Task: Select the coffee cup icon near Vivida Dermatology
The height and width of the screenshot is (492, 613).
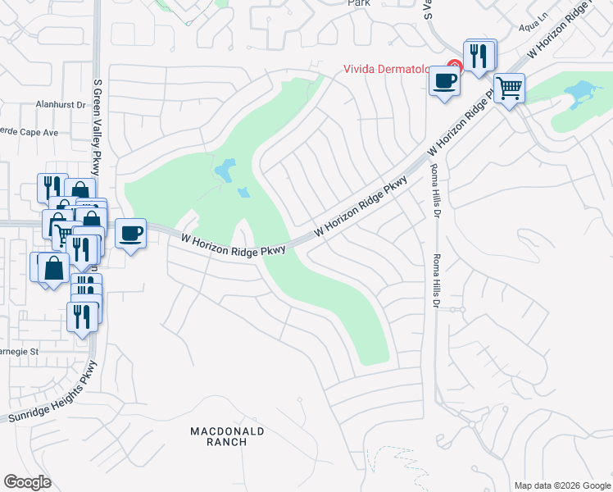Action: pos(445,82)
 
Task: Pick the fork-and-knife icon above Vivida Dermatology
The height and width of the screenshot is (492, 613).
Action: pos(479,56)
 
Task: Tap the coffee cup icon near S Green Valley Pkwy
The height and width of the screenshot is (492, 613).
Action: pos(130,235)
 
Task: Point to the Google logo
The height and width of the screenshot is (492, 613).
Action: pos(27,482)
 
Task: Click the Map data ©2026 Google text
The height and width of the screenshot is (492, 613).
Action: pos(561,485)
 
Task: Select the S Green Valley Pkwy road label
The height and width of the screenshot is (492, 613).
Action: pos(97,115)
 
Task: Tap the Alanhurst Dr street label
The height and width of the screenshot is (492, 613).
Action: pos(61,105)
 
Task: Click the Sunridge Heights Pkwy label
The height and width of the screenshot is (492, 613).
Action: pos(51,394)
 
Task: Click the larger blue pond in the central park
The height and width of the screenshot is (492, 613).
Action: pos(222,171)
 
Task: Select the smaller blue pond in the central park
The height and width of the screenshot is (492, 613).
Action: pos(243,194)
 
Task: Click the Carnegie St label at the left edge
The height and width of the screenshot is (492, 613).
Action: pos(18,351)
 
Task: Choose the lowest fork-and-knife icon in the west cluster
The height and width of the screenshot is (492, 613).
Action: pos(81,316)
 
